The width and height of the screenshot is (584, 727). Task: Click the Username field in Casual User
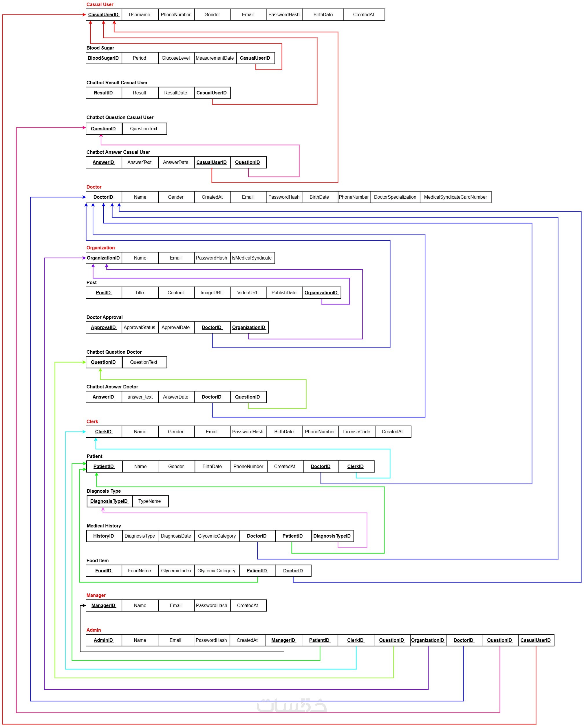pos(139,15)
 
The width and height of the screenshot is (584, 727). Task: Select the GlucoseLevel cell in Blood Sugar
pos(175,58)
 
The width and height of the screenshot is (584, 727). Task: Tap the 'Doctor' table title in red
pos(94,187)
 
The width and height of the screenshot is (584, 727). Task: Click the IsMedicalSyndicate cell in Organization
pos(251,258)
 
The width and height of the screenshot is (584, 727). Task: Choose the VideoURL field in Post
pos(247,293)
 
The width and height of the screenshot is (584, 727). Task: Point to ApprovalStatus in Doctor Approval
pos(139,327)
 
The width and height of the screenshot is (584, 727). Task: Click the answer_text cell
pos(140,397)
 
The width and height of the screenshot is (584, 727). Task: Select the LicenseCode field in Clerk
pos(356,432)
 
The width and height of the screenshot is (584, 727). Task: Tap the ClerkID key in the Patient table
pos(355,466)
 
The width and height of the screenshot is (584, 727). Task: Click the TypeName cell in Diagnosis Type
pos(149,501)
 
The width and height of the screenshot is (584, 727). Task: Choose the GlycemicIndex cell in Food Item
pos(176,571)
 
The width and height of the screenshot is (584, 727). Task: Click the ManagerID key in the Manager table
pos(103,605)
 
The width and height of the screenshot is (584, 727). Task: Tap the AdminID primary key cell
pos(103,640)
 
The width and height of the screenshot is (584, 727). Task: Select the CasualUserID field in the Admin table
pos(535,640)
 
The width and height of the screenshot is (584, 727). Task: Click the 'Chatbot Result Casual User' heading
pos(117,83)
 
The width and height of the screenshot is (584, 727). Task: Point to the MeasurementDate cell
pos(214,58)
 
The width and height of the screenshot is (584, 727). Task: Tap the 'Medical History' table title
pos(103,526)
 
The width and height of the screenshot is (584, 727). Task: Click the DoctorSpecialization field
pos(395,197)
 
